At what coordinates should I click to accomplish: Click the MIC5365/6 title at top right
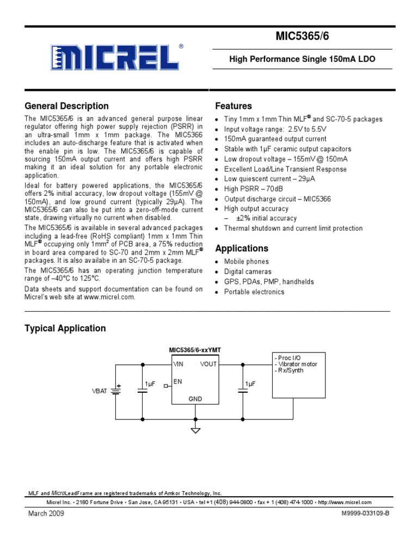(309, 37)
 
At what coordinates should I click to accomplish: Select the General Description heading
(67, 106)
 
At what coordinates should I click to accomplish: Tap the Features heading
(233, 106)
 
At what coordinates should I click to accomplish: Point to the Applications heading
(242, 249)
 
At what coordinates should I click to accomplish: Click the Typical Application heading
(65, 328)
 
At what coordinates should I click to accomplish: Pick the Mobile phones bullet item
(247, 262)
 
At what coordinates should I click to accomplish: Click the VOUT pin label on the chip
(208, 364)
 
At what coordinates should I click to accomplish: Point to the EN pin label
(178, 382)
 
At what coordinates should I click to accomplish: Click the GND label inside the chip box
(195, 399)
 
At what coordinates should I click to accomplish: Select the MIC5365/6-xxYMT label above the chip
(195, 350)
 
